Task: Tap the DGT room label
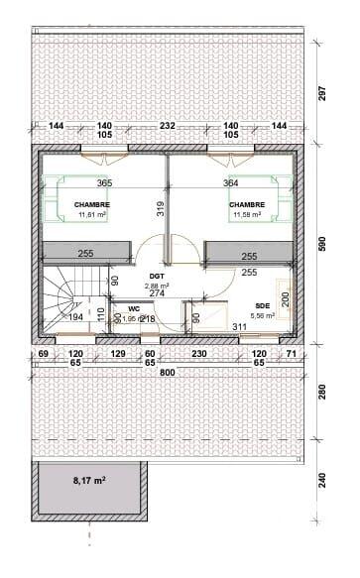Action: [x=156, y=277]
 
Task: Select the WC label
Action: [x=132, y=308]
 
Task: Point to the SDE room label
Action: [x=262, y=305]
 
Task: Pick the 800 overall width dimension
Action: [x=167, y=372]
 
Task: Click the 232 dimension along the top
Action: [x=167, y=126]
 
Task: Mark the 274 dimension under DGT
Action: [x=156, y=293]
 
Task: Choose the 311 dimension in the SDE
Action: [x=239, y=325]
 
